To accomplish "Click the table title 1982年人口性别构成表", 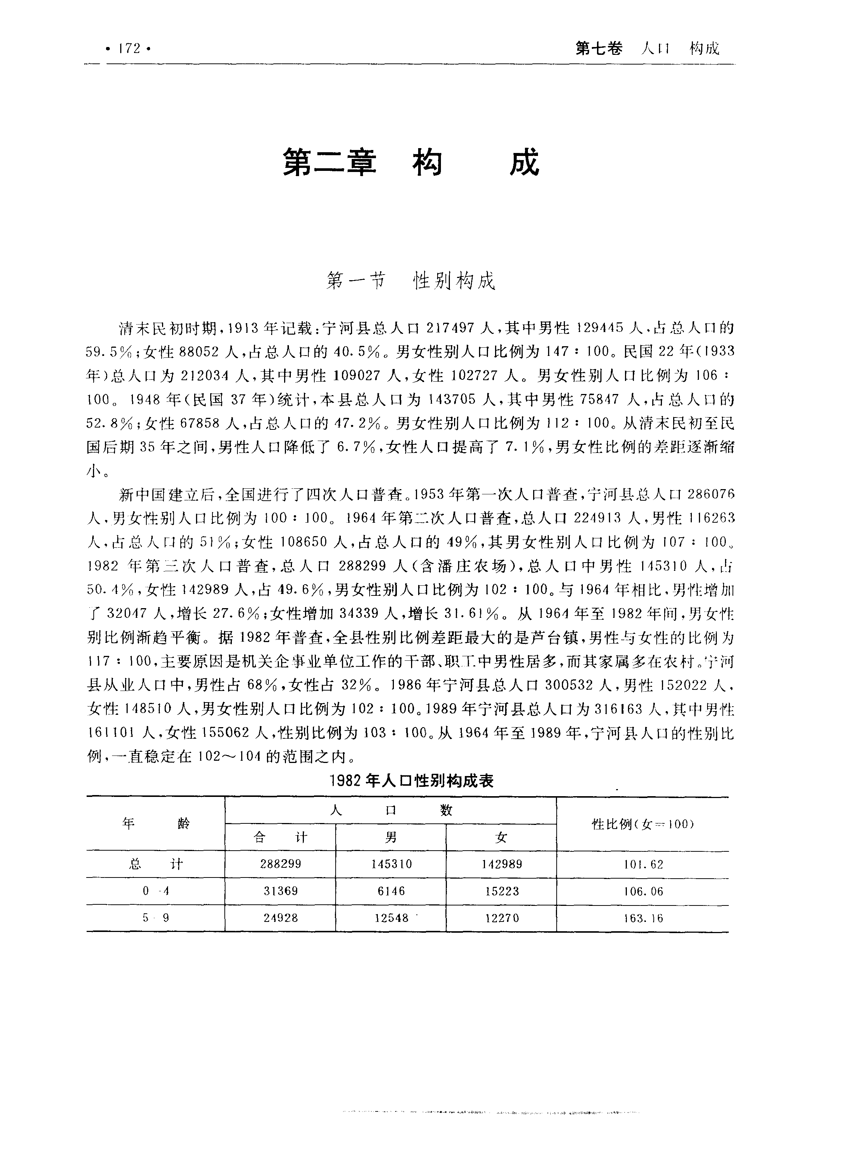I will pos(411,781).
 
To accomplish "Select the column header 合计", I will pos(280,837).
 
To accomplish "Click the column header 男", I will pos(391,837).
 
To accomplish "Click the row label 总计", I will pos(155,864).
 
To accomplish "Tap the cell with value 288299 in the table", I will pos(280,864).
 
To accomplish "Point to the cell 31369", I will pos(280,891).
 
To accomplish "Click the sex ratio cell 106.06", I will pos(643,891).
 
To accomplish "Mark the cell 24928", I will pos(280,918).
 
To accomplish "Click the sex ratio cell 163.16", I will pos(643,918).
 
